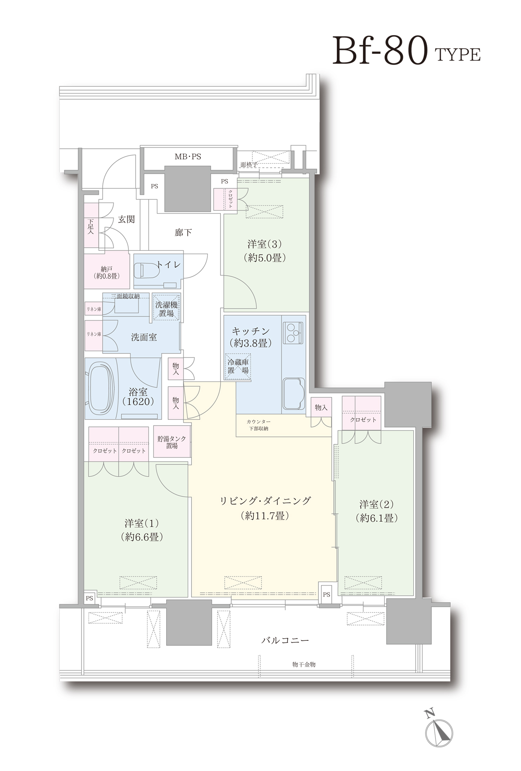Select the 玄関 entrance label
tap(126, 219)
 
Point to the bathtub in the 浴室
tap(102, 388)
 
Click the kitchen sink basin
tap(294, 393)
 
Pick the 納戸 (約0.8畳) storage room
tap(107, 270)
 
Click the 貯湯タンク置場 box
tap(172, 442)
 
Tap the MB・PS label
tap(188, 157)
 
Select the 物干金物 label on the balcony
tap(304, 664)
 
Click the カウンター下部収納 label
tap(258, 425)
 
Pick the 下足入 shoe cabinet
tap(91, 225)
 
